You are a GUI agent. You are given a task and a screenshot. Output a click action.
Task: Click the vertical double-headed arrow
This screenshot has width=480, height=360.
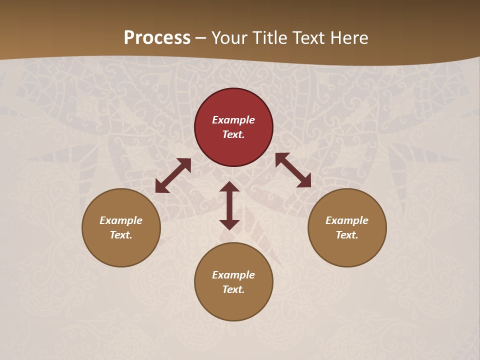(x=229, y=205)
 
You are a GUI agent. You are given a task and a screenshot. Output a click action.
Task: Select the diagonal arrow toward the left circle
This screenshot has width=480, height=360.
(x=173, y=175)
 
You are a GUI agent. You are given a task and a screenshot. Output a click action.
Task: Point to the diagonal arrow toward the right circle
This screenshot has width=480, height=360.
(x=293, y=170)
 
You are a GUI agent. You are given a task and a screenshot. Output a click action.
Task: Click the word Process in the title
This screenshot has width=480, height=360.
(x=157, y=37)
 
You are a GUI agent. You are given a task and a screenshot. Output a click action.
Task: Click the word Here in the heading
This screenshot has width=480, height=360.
(x=350, y=37)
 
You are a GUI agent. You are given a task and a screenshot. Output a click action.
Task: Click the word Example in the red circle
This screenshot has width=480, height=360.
(x=233, y=120)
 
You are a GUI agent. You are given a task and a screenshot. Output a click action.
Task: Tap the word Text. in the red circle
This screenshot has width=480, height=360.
(x=233, y=134)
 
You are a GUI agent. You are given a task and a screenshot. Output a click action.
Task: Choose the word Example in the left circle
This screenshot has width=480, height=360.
(x=121, y=220)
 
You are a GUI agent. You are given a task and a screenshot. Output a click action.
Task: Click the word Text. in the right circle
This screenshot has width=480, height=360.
(x=347, y=235)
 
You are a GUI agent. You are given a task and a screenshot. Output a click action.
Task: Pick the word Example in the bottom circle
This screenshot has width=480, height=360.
(x=233, y=275)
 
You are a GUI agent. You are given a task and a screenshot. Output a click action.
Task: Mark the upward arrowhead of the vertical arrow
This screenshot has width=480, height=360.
(x=229, y=186)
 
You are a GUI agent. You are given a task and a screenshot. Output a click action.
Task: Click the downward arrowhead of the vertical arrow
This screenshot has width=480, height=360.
(x=229, y=224)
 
